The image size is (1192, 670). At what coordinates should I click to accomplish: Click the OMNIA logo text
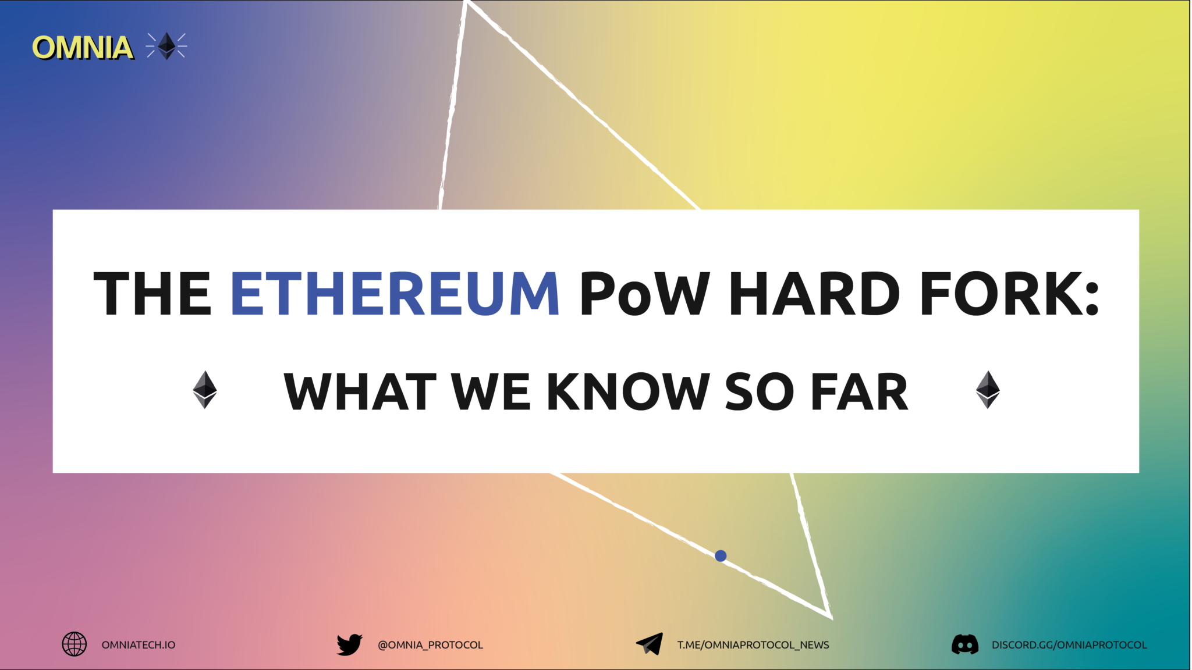coord(82,47)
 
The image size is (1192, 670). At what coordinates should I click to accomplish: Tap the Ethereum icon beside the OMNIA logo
coord(167,46)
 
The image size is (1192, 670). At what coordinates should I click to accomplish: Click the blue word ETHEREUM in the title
coord(395,294)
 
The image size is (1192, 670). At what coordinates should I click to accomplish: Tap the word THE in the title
coord(152,294)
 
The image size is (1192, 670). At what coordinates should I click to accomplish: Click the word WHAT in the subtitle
coord(360,392)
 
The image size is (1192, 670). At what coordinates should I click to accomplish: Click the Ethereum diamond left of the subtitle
coord(205,390)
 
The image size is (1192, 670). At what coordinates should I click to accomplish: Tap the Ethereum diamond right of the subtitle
coord(988,390)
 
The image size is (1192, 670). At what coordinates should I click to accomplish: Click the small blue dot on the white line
coord(721,556)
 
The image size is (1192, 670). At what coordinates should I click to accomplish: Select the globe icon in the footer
coord(74,644)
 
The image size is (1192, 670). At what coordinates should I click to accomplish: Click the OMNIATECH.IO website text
coord(139,645)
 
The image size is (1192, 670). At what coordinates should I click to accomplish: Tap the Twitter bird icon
coord(349,644)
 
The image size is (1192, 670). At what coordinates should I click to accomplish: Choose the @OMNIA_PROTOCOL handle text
coord(430,645)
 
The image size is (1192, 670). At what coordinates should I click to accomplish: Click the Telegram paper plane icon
coord(650,644)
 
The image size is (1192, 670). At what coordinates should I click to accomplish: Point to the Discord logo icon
coord(964,644)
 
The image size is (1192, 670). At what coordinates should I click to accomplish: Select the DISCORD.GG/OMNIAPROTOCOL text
coord(1069,645)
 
